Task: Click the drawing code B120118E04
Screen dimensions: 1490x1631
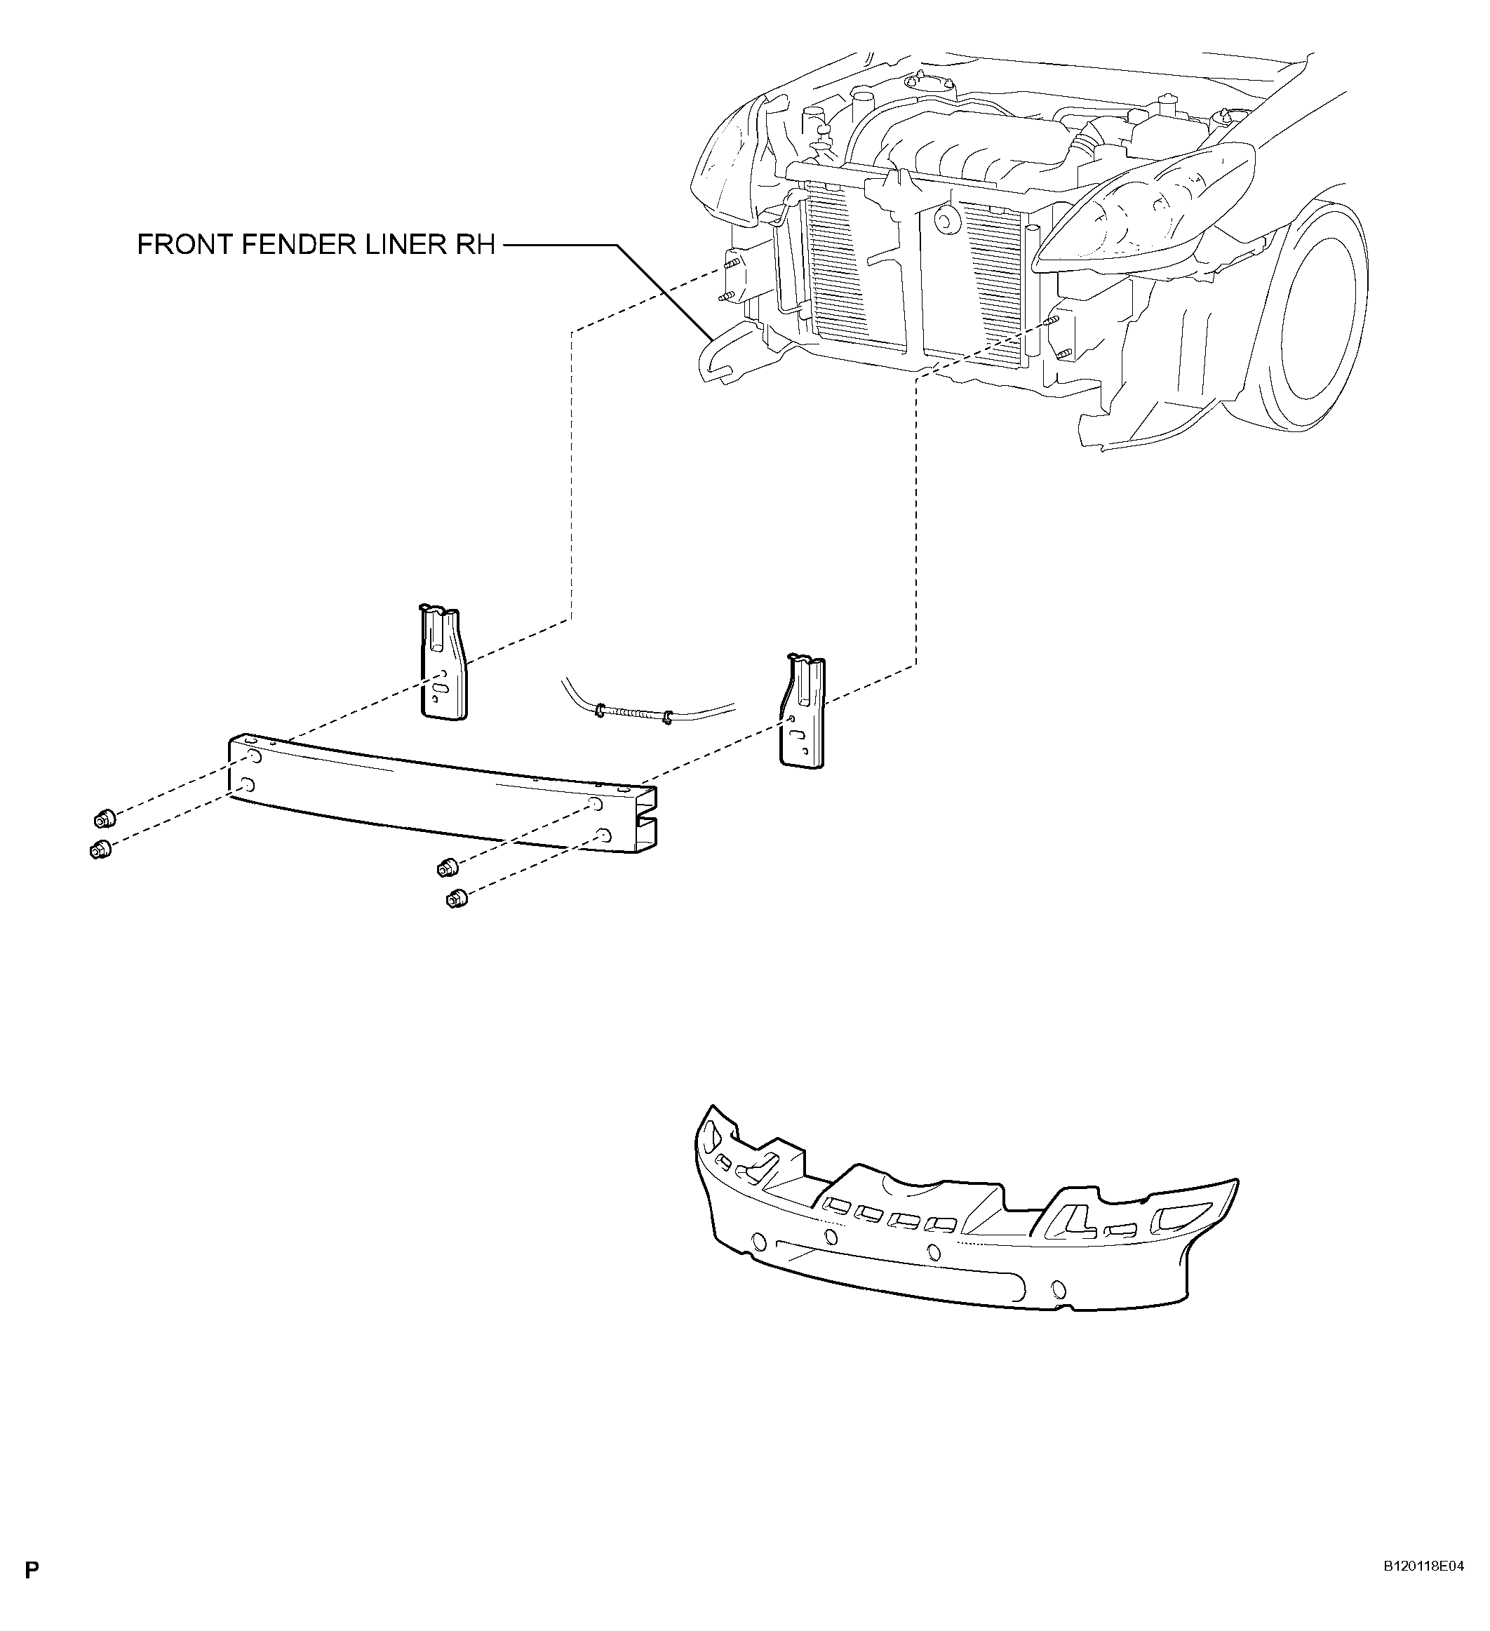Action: coord(1423,1589)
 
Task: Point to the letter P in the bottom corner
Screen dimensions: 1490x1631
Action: coord(32,1593)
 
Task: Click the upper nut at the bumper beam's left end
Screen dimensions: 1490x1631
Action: coord(102,819)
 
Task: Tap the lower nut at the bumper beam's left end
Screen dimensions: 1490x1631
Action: coord(100,850)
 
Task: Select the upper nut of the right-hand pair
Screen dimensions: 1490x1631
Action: coord(447,868)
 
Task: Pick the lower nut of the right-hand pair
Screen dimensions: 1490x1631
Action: coord(456,899)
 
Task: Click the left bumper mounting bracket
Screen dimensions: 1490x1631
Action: coord(442,660)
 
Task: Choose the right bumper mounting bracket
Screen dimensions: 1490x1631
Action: coord(802,711)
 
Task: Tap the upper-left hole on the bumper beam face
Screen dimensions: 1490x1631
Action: coord(253,756)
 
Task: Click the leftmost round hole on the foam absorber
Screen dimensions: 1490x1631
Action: coord(759,1240)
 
